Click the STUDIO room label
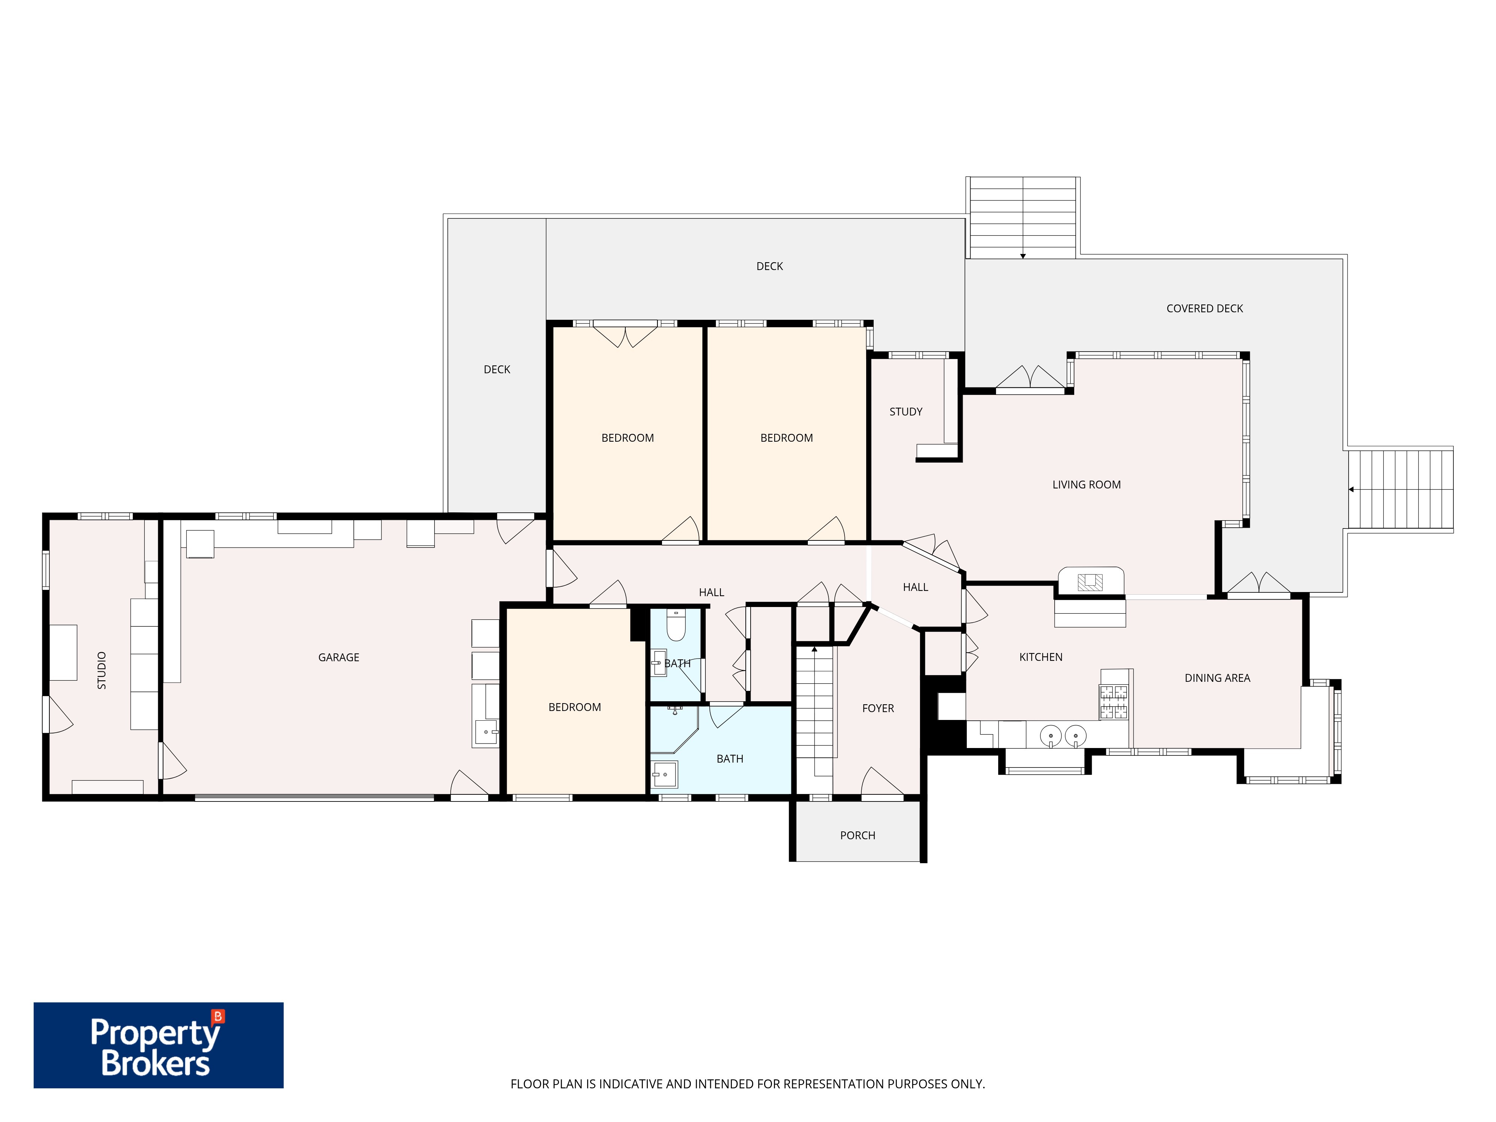pyautogui.click(x=101, y=670)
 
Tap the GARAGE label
pyautogui.click(x=339, y=657)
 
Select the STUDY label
pyautogui.click(x=905, y=412)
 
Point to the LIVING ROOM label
pyautogui.click(x=1086, y=485)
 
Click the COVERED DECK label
pyautogui.click(x=1205, y=309)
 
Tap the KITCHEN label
pyautogui.click(x=1041, y=657)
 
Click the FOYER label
pyautogui.click(x=878, y=709)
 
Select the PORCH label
pyautogui.click(x=858, y=836)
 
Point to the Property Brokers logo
pyautogui.click(x=158, y=1045)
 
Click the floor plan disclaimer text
pyautogui.click(x=747, y=1084)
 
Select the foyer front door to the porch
pyautogui.click(x=882, y=782)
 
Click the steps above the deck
pyautogui.click(x=1023, y=218)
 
